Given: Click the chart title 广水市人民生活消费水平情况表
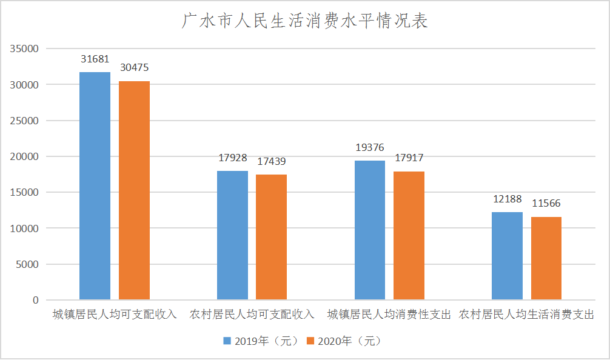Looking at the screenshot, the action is click(x=304, y=21).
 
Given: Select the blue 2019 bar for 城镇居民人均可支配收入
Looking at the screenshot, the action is click(x=95, y=186).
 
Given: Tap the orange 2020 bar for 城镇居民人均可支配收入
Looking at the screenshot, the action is click(x=134, y=190).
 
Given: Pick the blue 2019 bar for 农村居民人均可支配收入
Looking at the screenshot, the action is click(x=233, y=235).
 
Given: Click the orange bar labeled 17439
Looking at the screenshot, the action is click(x=272, y=237).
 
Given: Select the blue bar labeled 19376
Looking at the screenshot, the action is click(x=370, y=230).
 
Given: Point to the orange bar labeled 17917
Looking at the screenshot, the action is click(x=409, y=236).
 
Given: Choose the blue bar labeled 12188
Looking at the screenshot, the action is click(x=508, y=256).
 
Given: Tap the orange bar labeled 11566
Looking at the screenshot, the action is click(x=546, y=258).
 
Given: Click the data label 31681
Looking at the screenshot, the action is click(x=95, y=59).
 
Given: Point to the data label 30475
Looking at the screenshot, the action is click(x=134, y=68).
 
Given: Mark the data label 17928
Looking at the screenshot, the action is click(x=233, y=158).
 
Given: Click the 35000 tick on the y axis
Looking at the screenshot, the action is click(x=24, y=48).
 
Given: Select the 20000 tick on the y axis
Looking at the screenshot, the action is click(x=24, y=156).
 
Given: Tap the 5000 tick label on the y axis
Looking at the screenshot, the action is click(x=27, y=264).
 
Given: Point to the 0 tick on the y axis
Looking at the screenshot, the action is click(x=36, y=300).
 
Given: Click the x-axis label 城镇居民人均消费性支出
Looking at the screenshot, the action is click(x=389, y=314).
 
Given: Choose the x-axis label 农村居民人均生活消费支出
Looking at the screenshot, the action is click(x=526, y=314).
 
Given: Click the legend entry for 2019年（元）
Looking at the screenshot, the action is click(x=261, y=341).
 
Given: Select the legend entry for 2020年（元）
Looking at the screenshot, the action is click(x=344, y=341).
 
